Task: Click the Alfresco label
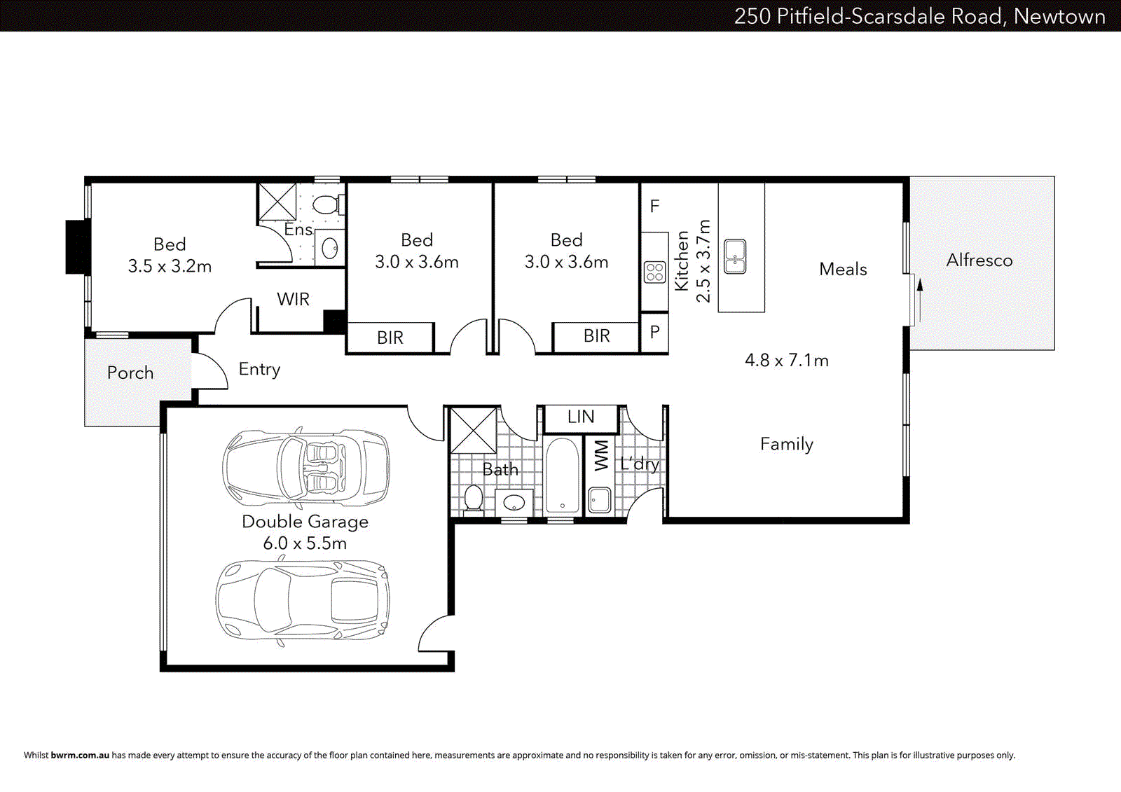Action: coord(979,260)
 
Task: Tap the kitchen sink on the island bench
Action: coord(734,256)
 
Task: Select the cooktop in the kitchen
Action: coord(654,272)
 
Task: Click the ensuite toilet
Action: coord(326,204)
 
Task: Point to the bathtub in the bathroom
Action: coord(563,476)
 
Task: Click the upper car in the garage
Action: coord(306,467)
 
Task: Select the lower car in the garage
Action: coord(303,600)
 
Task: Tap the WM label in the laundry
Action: coord(601,455)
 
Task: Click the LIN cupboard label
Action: coord(581,417)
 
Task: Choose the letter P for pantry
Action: coord(654,332)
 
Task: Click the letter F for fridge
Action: coord(654,207)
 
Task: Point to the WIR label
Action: coord(293,300)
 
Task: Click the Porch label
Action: coord(130,373)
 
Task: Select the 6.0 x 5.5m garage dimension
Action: coord(305,543)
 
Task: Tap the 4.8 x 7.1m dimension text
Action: coord(786,361)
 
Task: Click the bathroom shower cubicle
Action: coord(473,430)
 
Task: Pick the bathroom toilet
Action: coord(474,499)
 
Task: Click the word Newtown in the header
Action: coord(1059,16)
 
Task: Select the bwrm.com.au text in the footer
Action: coord(80,755)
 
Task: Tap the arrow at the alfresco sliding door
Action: coord(920,284)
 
